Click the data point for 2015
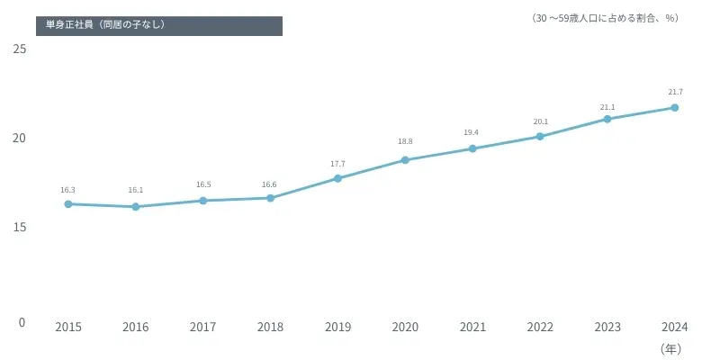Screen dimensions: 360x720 [67, 204]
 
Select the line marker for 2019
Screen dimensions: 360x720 [337, 178]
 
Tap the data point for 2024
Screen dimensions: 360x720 [675, 108]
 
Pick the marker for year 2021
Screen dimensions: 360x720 [472, 148]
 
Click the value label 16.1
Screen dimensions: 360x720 [135, 191]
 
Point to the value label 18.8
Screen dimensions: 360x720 [405, 141]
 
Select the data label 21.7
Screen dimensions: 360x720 [675, 92]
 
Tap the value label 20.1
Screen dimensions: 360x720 [540, 121]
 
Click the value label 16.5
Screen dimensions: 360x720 [202, 184]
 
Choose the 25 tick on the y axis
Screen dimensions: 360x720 [18, 49]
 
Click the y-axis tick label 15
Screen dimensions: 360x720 [18, 228]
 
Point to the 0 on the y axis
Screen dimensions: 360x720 [22, 322]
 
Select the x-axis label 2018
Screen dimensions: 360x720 [270, 328]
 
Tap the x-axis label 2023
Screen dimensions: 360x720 [607, 328]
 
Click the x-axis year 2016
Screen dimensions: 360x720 [135, 328]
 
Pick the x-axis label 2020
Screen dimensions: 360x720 [405, 328]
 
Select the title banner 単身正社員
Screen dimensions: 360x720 [159, 25]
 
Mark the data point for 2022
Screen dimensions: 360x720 [540, 137]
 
